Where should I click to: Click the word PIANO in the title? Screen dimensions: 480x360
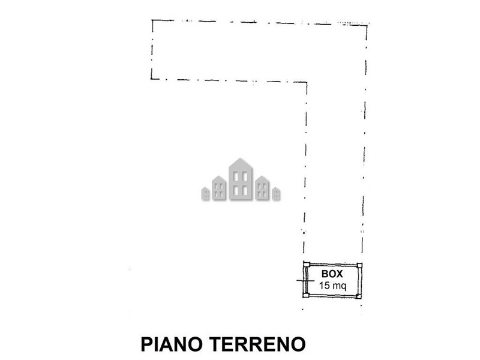[x=172, y=344]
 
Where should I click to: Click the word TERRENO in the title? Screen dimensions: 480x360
[x=258, y=344]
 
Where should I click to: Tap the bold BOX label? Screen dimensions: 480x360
[x=332, y=274]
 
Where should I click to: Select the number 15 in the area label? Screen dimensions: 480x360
[x=325, y=286]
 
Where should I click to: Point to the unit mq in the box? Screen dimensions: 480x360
[x=340, y=287]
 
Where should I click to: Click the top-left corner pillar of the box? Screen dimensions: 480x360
[x=307, y=265]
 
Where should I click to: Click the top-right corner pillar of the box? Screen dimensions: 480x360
[x=359, y=265]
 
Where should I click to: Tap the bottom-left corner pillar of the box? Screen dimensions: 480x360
[x=306, y=295]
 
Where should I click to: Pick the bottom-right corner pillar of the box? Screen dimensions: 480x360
[x=359, y=296]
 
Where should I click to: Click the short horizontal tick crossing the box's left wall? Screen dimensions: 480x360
[x=305, y=280]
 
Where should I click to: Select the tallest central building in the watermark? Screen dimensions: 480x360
[x=241, y=179]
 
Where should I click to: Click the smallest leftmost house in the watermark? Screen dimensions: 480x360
[x=205, y=194]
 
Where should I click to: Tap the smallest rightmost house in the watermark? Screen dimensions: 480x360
[x=276, y=194]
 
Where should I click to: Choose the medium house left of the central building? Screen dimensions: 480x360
[x=219, y=188]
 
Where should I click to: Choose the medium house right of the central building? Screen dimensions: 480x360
[x=262, y=188]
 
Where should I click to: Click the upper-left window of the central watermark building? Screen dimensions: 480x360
[x=236, y=176]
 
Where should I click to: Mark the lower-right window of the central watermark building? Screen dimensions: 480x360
[x=245, y=191]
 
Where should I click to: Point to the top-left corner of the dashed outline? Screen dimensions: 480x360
[x=152, y=20]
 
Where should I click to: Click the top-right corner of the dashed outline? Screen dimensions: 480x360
[x=367, y=26]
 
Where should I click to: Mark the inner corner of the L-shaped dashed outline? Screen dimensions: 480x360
[x=307, y=82]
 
